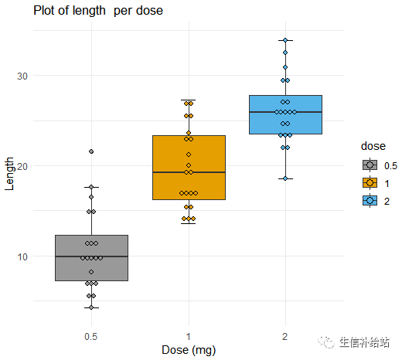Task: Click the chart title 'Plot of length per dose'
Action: point(97,11)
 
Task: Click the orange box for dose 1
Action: point(188,185)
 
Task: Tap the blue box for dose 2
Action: point(285,124)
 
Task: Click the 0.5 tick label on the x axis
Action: point(91,336)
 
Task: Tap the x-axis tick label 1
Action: point(188,336)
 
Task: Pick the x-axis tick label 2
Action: point(285,336)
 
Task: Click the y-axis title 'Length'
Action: point(9,174)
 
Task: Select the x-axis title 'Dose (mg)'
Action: point(188,350)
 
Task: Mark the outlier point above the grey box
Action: point(91,151)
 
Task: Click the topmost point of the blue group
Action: point(285,40)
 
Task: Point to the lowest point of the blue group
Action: point(285,178)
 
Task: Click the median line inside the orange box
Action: point(188,172)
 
